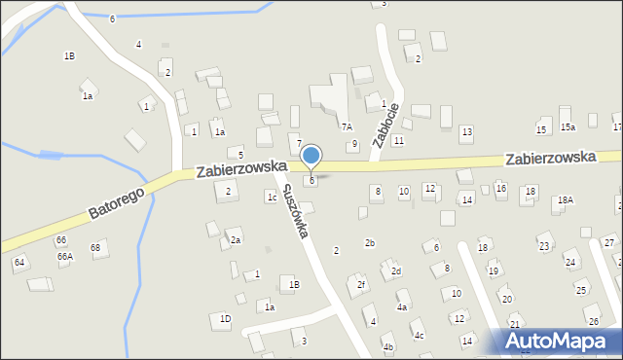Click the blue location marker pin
(x=311, y=156)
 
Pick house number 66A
(x=64, y=256)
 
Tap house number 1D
(x=225, y=318)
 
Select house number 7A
(x=346, y=126)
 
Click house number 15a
(x=568, y=127)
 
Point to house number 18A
(x=565, y=199)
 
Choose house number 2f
(x=361, y=285)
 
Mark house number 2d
(x=396, y=271)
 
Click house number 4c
(x=419, y=336)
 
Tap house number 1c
(x=272, y=197)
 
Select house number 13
(x=467, y=131)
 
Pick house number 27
(x=608, y=242)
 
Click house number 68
(x=95, y=247)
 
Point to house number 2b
(x=370, y=242)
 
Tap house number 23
(x=544, y=246)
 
